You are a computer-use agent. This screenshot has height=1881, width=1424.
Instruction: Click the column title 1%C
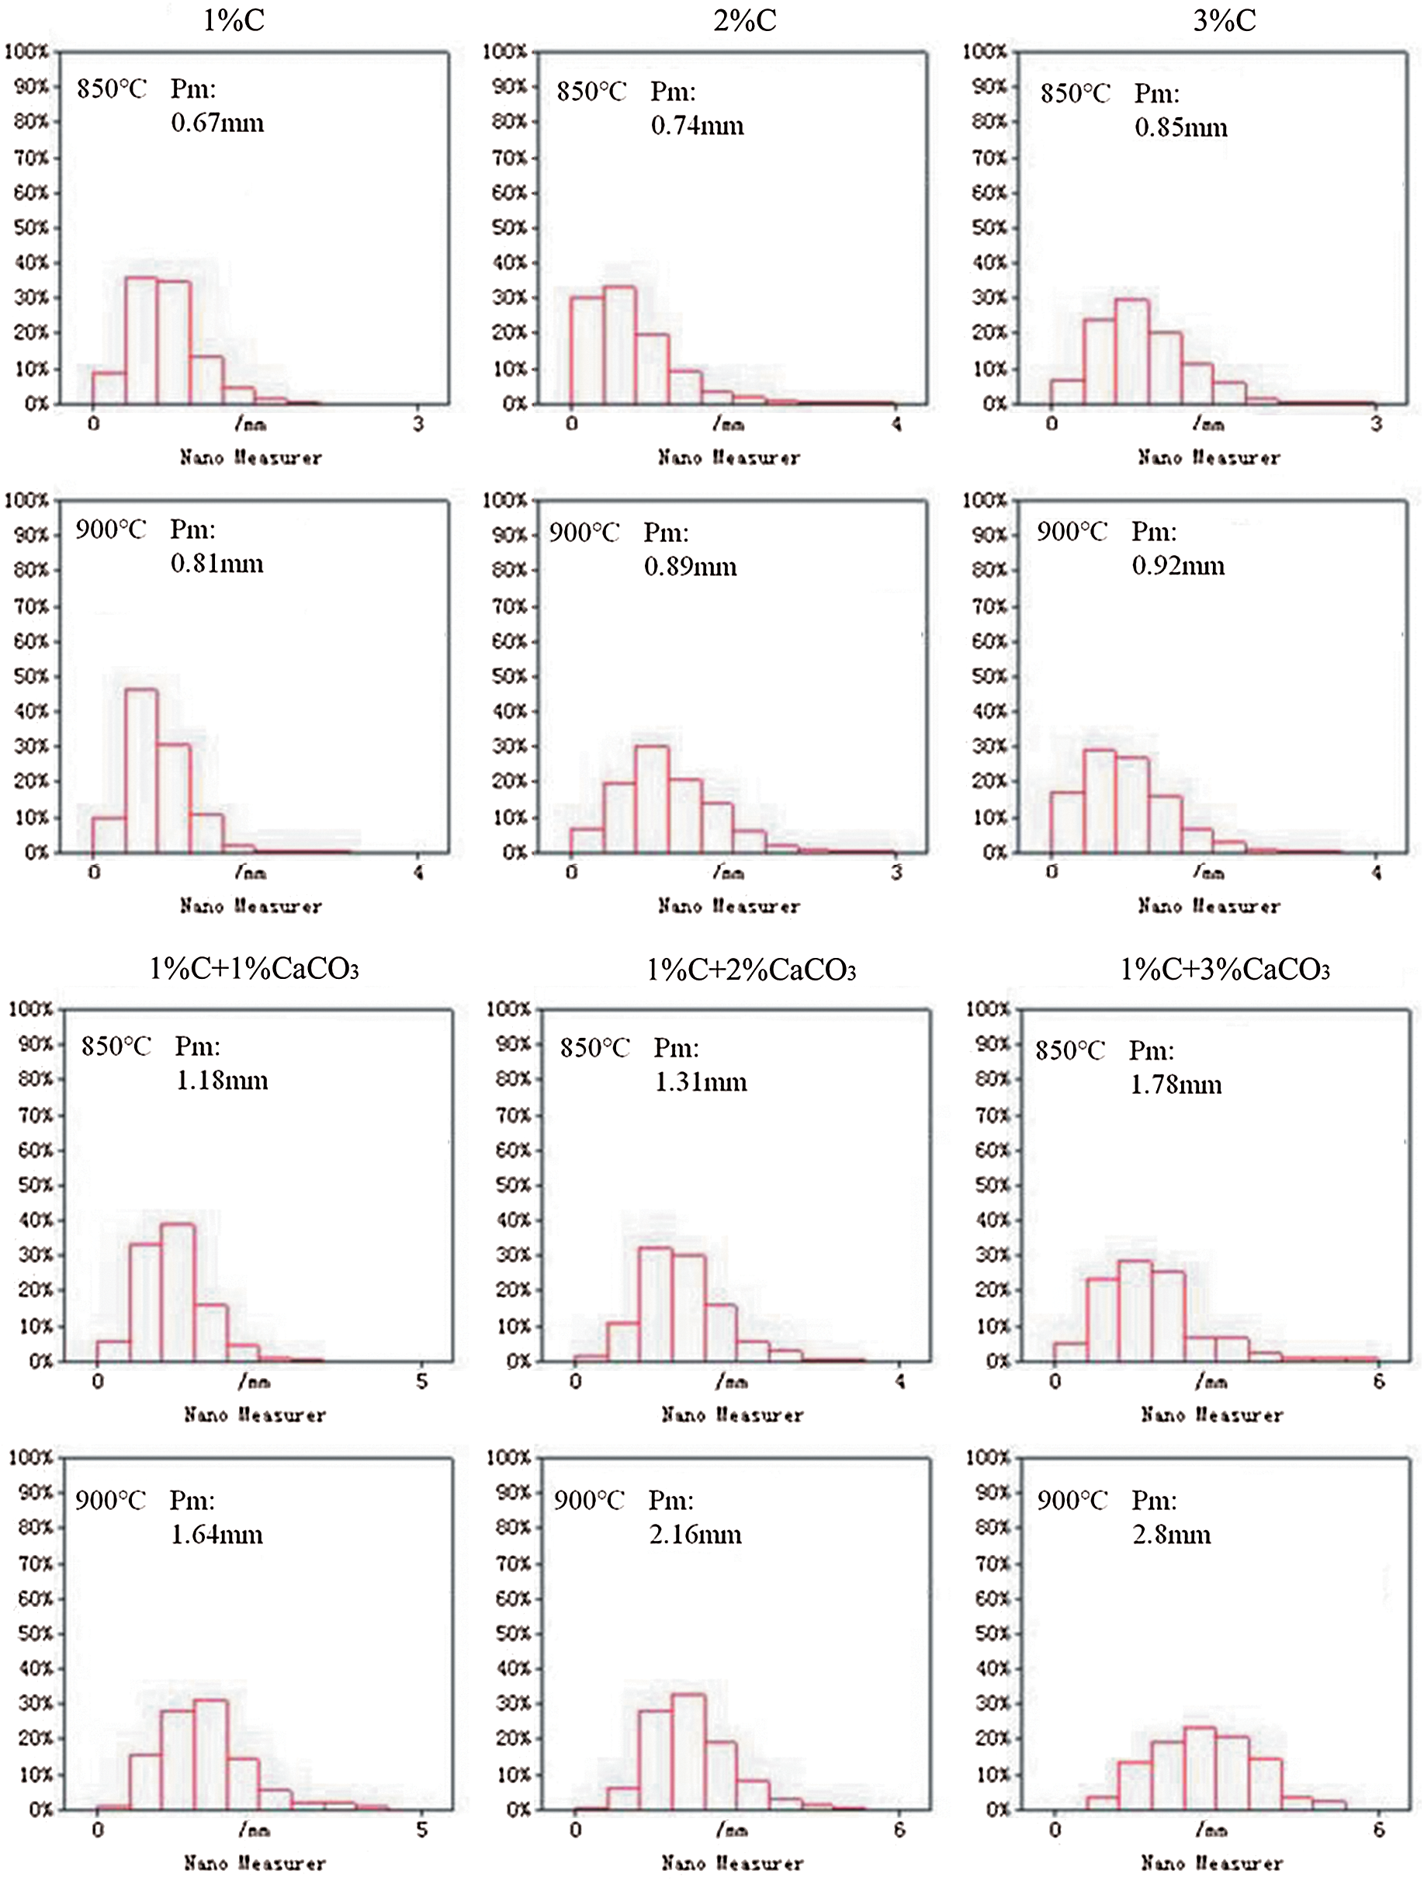234,20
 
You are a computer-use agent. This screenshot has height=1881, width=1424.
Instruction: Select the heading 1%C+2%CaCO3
751,970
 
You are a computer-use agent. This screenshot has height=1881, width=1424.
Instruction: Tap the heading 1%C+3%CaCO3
1225,970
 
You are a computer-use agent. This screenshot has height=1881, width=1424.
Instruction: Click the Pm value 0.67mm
217,124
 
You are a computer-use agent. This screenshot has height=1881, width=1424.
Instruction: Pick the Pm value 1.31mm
701,1082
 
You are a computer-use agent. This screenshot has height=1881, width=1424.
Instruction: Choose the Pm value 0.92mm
1178,567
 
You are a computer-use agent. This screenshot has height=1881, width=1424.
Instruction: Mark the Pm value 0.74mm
697,127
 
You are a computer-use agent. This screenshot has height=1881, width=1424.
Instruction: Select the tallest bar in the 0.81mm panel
141,769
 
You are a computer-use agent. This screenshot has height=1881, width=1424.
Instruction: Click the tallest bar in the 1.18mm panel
178,1292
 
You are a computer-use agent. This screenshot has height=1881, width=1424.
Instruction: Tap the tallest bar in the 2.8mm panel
1200,1768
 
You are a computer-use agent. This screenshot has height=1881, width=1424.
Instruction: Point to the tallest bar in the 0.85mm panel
1131,351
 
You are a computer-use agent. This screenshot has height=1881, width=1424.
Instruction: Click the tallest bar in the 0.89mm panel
652,799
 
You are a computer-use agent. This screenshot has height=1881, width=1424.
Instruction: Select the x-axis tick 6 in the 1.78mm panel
1379,1382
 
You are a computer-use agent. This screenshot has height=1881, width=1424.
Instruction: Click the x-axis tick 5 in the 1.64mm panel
421,1829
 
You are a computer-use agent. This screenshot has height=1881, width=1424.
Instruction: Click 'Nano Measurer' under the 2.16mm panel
732,1863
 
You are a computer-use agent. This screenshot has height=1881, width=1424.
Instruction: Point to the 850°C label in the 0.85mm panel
1076,93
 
